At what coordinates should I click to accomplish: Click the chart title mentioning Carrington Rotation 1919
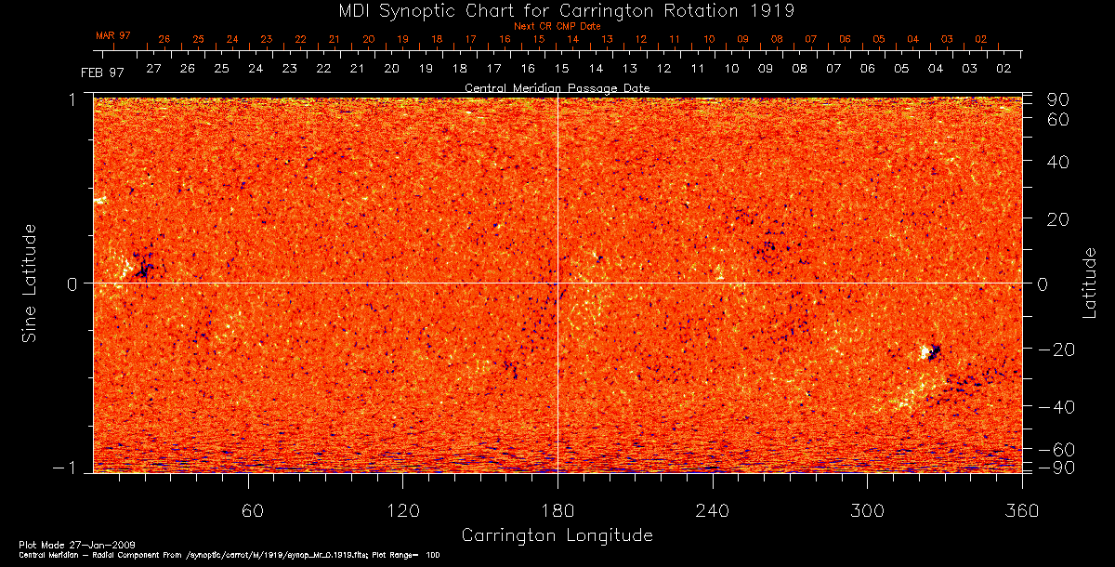point(557,10)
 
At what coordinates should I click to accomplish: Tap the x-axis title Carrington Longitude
point(557,535)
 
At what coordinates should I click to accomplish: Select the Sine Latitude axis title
point(31,283)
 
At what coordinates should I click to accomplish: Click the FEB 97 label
point(102,72)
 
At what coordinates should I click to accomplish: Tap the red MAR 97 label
point(113,35)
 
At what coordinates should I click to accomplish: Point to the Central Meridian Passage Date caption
point(557,87)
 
